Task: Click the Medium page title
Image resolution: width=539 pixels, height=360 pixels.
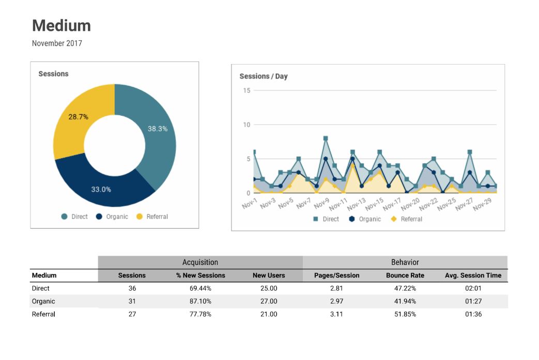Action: (x=61, y=26)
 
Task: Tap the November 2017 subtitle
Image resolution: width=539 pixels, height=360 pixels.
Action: (x=57, y=43)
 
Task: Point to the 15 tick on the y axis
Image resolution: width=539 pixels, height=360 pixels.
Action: (x=247, y=90)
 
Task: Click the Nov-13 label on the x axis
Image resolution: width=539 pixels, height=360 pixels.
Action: (x=356, y=205)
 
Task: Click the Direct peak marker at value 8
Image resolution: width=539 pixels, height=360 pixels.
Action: (x=326, y=138)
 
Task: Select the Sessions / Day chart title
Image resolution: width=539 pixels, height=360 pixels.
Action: (x=264, y=76)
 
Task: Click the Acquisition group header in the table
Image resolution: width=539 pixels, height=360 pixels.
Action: (x=200, y=262)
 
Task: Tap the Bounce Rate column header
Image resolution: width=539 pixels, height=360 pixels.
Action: (x=405, y=275)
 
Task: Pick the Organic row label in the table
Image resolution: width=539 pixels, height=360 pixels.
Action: (x=43, y=301)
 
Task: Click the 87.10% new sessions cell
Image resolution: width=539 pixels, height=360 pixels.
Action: (x=200, y=301)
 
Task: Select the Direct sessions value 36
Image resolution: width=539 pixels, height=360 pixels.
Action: (x=132, y=288)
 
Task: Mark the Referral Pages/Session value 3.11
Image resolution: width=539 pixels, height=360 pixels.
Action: (x=336, y=314)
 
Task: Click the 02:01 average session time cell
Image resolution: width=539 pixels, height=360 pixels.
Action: (x=473, y=288)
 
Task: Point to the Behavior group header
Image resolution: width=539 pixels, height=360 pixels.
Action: (x=405, y=262)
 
